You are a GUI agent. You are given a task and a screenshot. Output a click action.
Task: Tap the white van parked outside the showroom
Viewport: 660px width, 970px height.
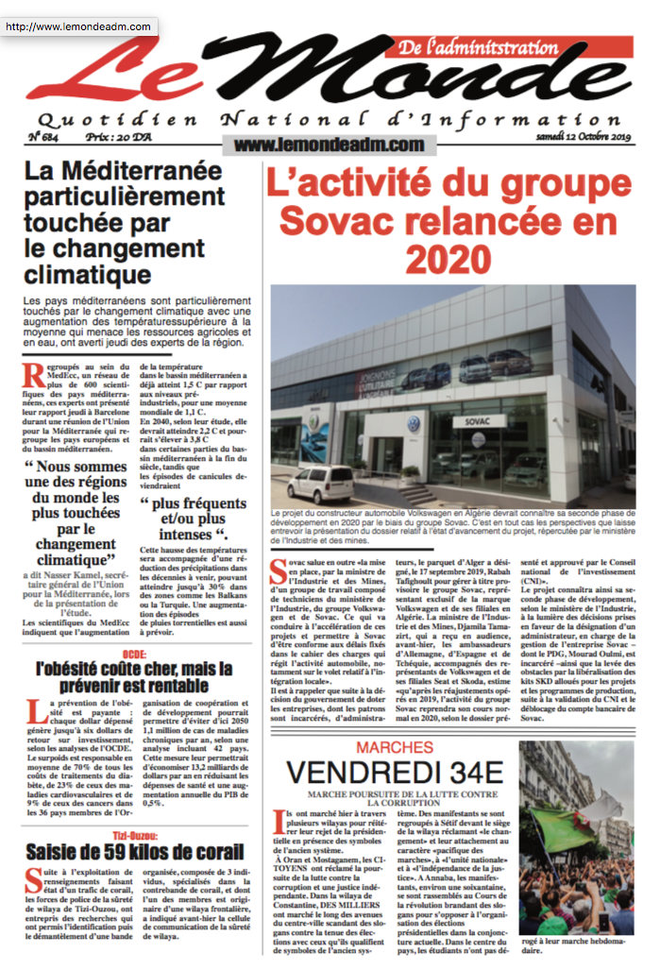[x=320, y=485]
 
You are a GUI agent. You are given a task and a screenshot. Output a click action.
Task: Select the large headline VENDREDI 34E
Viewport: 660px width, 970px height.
[x=395, y=772]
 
